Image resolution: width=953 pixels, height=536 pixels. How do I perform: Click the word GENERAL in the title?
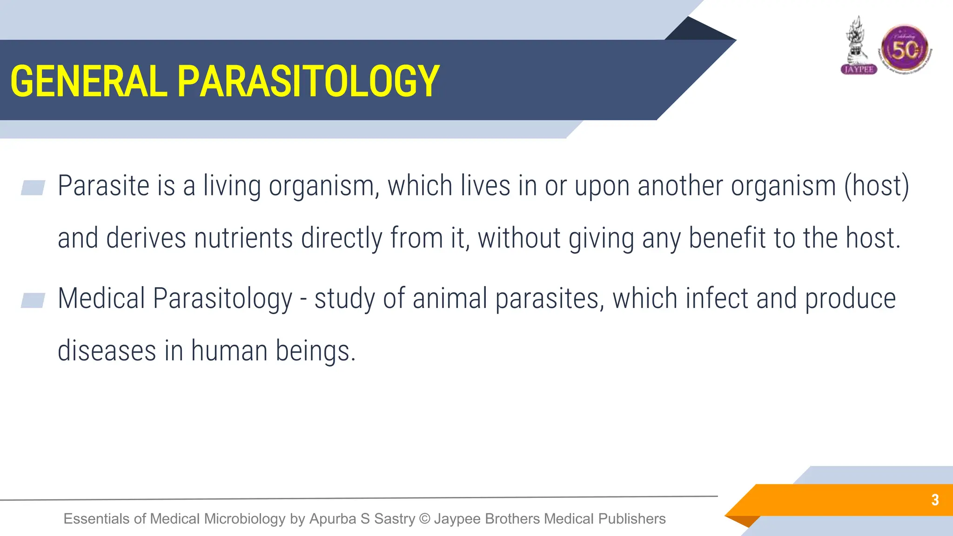click(x=88, y=81)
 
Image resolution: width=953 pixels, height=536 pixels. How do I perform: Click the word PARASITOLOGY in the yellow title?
click(x=308, y=81)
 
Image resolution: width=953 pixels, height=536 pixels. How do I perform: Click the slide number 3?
click(x=935, y=500)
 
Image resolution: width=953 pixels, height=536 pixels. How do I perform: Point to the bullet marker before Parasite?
click(x=33, y=188)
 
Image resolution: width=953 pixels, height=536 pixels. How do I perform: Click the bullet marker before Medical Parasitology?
click(x=33, y=300)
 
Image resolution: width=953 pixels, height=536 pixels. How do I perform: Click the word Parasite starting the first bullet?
click(x=103, y=186)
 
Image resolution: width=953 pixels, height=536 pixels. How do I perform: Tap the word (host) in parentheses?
click(x=877, y=186)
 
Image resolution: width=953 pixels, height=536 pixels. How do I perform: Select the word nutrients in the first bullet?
click(x=243, y=238)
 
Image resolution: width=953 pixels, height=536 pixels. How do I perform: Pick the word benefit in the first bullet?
click(x=727, y=238)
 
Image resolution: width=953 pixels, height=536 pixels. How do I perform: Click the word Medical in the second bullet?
click(x=101, y=298)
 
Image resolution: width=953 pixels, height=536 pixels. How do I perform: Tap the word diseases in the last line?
click(x=107, y=351)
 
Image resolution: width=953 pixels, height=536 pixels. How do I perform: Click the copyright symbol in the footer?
click(x=424, y=518)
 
